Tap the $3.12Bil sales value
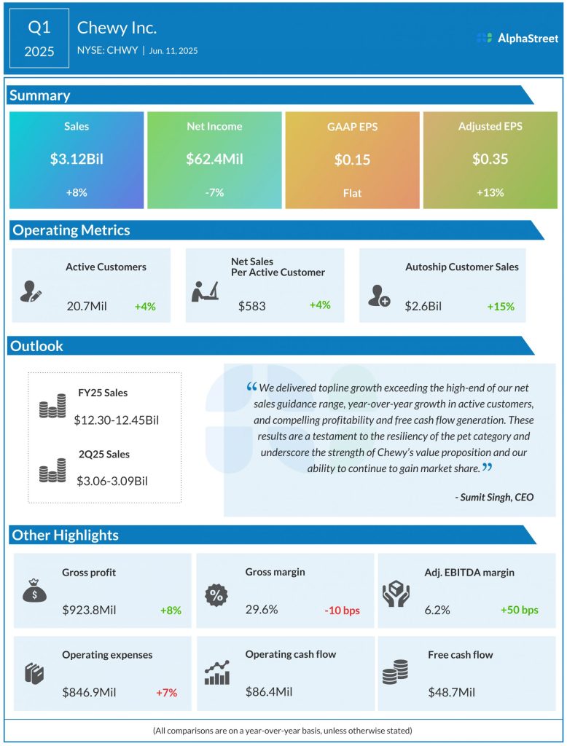pos(77,159)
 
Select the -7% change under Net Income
pos(214,192)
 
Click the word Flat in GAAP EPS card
pos(352,193)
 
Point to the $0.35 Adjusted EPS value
pos(490,159)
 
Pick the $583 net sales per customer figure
pos(251,305)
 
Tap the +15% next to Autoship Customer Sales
pos(501,307)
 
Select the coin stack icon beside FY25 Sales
pos(52,406)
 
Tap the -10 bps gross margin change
pos(342,610)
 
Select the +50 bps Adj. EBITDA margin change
pos(520,610)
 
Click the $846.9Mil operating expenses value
pos(89,691)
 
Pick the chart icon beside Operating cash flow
pos(217,672)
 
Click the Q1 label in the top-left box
pos(39,28)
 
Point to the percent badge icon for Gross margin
pos(216,594)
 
